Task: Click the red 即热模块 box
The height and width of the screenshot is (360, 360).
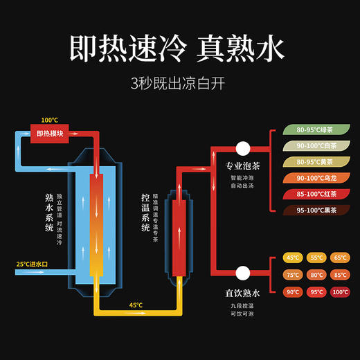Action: point(49,134)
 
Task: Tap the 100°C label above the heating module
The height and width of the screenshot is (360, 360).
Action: point(49,119)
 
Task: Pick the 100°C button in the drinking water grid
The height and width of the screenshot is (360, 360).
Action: point(339,291)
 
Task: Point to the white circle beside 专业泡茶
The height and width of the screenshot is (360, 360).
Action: point(243,147)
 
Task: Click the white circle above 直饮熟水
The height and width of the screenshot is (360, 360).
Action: point(243,272)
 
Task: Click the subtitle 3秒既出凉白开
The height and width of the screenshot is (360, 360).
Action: point(179,83)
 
